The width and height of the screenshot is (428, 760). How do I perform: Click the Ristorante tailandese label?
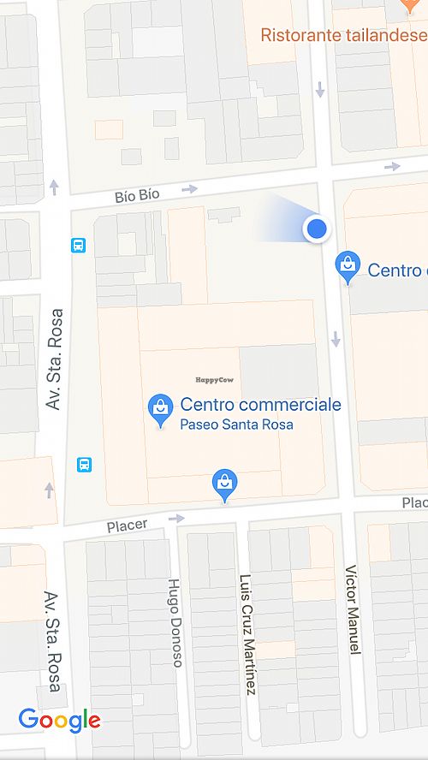click(343, 35)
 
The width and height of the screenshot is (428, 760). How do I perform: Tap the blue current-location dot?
click(318, 228)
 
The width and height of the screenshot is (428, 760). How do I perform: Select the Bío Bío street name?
click(137, 196)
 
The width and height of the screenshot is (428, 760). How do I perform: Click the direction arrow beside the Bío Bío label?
click(189, 188)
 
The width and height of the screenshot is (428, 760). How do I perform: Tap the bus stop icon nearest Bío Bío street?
click(79, 246)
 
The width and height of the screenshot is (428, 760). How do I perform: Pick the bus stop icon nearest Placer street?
click(85, 465)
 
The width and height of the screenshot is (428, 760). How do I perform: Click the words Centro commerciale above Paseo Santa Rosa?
click(260, 405)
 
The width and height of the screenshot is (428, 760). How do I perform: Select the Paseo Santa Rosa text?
click(236, 425)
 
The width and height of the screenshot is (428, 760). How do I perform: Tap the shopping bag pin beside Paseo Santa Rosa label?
click(160, 409)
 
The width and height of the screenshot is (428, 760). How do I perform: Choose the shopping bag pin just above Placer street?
click(224, 484)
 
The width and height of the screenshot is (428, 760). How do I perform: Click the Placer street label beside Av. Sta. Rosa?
click(127, 524)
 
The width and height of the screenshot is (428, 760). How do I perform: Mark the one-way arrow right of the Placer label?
click(176, 518)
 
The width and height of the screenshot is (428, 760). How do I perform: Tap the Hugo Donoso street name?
click(175, 622)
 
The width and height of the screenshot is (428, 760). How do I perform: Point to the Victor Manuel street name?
click(351, 609)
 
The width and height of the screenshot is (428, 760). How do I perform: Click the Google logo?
click(59, 721)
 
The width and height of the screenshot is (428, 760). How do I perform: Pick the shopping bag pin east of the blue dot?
click(348, 267)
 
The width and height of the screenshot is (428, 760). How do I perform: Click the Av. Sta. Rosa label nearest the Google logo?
click(52, 642)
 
